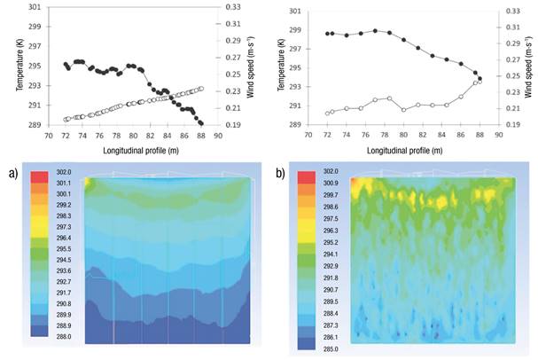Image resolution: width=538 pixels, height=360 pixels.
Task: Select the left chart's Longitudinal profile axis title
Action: point(132,152)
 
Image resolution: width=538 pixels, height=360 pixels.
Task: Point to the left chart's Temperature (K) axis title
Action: point(15,67)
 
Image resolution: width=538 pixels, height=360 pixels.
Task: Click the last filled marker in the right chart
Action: point(480,78)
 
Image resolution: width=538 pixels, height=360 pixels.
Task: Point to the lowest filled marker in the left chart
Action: point(201,123)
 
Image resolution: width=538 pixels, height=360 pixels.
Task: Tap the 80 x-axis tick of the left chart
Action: point(132,137)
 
